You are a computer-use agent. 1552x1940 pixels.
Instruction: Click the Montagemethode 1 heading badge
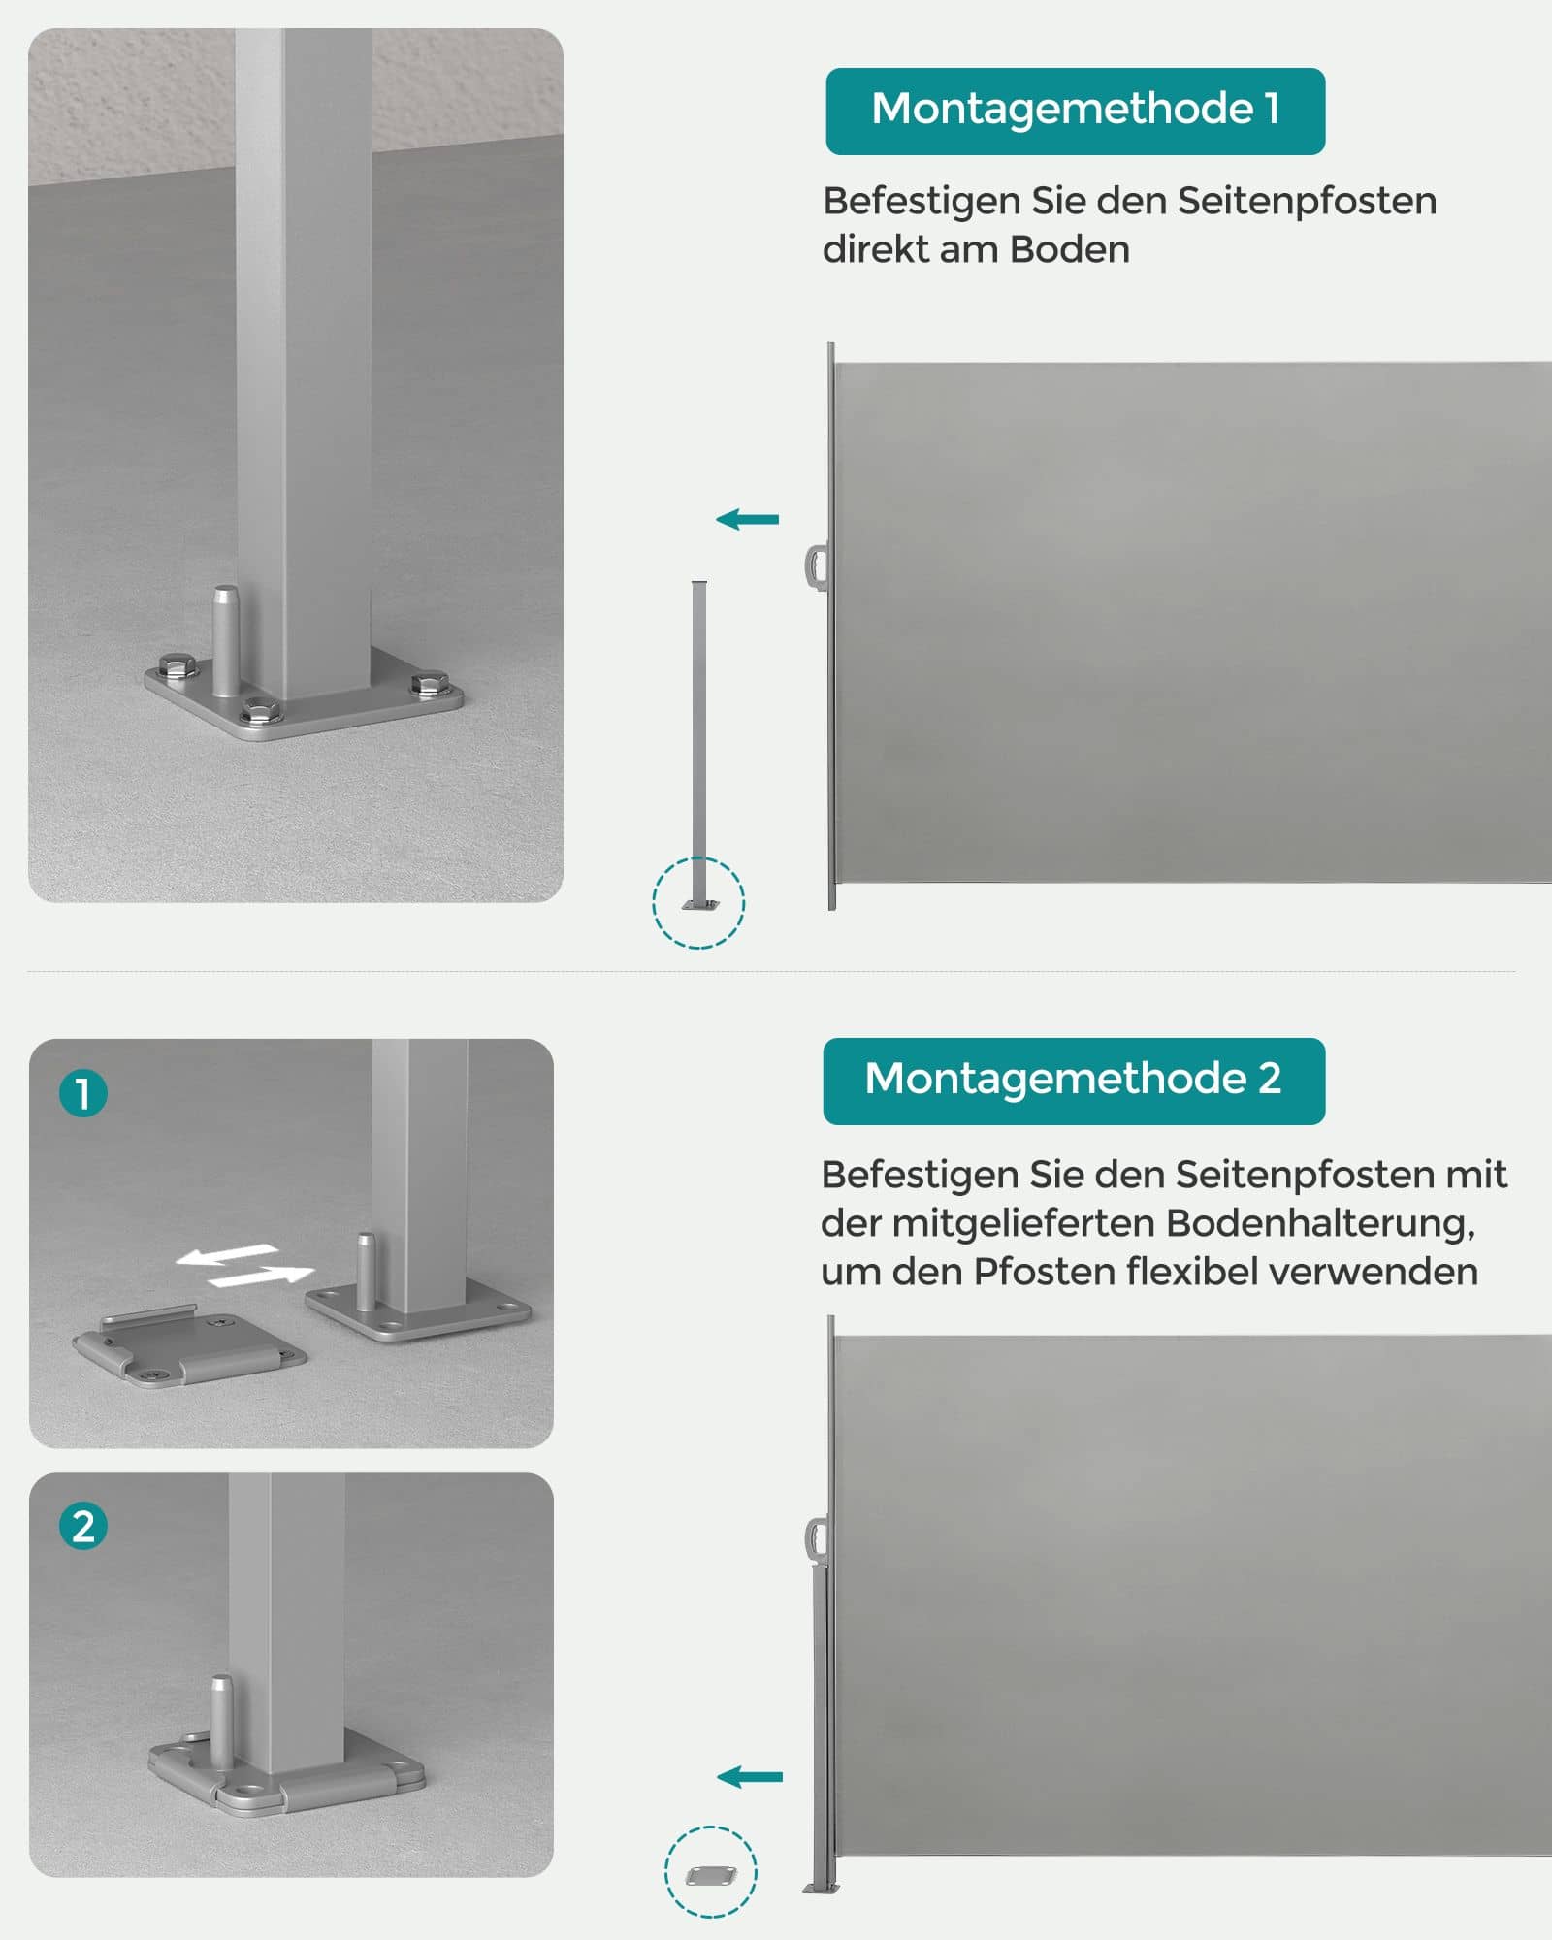point(1075,111)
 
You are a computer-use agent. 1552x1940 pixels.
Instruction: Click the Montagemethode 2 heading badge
point(1073,1081)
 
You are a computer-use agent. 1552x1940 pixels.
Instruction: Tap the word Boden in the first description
point(1069,250)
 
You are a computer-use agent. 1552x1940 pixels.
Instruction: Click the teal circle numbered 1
point(83,1093)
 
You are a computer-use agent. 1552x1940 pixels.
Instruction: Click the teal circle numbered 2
point(83,1526)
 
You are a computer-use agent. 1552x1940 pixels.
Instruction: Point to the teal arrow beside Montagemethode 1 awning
point(747,520)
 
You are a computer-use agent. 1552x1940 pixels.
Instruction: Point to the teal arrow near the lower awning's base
point(749,1777)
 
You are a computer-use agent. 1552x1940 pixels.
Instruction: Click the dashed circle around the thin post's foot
point(698,903)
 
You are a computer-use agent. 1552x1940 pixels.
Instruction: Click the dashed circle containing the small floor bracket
point(711,1872)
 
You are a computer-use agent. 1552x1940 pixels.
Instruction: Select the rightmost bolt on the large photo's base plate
point(424,684)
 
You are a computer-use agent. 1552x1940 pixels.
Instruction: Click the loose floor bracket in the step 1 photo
point(189,1346)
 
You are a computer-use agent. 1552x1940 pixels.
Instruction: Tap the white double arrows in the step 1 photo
point(244,1267)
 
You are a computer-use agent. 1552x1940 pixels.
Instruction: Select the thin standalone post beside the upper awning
point(699,737)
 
